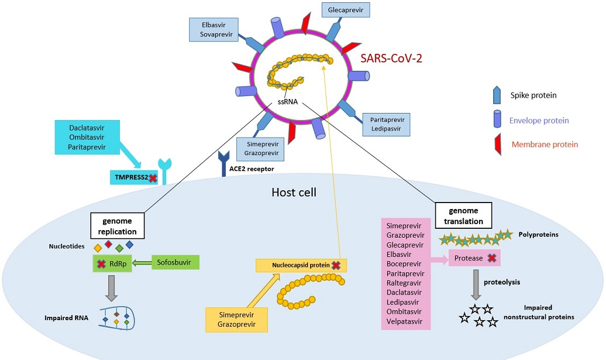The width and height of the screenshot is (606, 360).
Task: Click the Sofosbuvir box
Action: pos(175,262)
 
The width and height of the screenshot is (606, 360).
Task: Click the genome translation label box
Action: pos(463,216)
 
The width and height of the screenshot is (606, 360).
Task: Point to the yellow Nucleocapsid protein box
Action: pos(301,266)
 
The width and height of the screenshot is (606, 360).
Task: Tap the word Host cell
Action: pos(294,192)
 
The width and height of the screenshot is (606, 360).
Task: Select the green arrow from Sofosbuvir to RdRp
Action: pos(142,263)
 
